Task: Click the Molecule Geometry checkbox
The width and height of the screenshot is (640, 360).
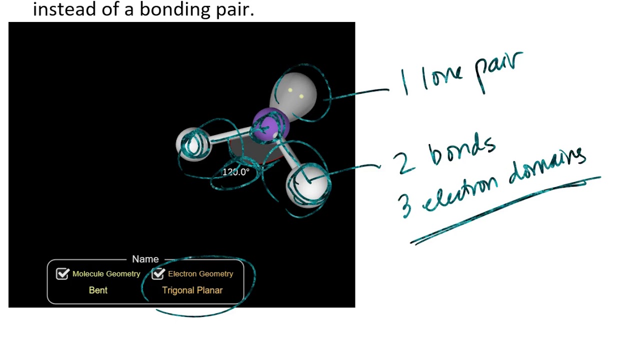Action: point(62,273)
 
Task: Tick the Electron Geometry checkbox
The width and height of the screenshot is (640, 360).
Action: point(158,273)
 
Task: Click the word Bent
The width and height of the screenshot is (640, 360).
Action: point(98,290)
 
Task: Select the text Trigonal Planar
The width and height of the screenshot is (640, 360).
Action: point(192,290)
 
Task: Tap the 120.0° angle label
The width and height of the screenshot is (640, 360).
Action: point(235,172)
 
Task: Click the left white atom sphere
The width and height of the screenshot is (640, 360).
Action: point(193,144)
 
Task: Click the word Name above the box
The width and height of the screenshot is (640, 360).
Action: point(145,259)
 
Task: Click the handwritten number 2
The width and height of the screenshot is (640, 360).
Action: point(403,162)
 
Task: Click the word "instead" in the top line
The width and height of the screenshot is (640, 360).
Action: point(65,9)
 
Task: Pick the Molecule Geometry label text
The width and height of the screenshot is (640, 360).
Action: point(106,273)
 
